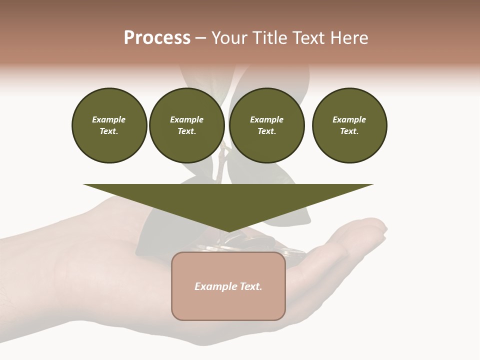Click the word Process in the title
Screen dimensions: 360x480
[x=157, y=38]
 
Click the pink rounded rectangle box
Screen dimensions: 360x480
[x=228, y=305]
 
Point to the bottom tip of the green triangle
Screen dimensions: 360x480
[x=228, y=232]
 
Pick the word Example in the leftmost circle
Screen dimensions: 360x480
[x=109, y=119]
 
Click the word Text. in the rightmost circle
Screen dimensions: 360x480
[x=349, y=131]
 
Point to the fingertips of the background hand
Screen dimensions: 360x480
[x=377, y=227]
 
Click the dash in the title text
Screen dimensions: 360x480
[x=201, y=38]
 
